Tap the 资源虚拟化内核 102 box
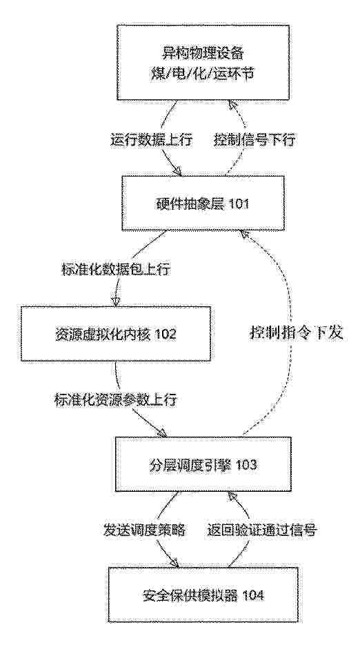tap(115, 333)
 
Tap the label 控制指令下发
tap(296, 333)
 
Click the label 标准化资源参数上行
tap(116, 400)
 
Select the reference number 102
tap(165, 334)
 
